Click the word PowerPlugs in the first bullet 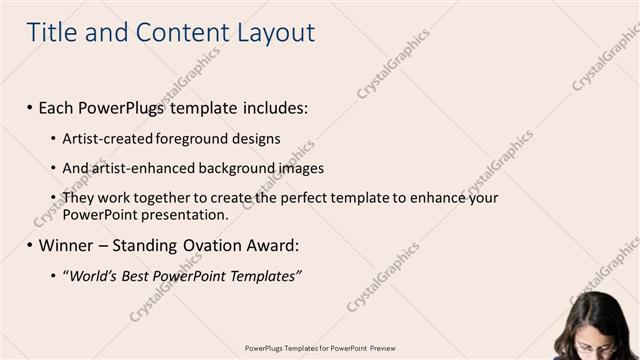123,107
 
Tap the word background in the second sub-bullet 236,168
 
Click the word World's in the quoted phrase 92,275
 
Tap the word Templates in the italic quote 263,275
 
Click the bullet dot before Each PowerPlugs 30,107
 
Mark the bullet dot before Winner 30,245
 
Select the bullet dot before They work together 53,198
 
